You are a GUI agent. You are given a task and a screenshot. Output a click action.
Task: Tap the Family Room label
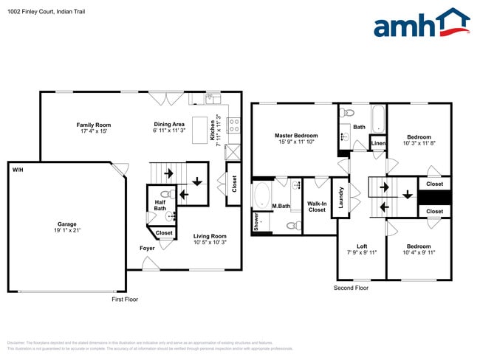(x=93, y=128)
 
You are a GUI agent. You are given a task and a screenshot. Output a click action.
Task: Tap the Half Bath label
(x=160, y=205)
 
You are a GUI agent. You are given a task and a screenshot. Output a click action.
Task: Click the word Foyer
(x=148, y=248)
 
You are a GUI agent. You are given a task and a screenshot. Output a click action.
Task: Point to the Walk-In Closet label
(x=317, y=207)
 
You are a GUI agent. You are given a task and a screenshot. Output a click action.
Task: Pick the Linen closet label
(x=378, y=143)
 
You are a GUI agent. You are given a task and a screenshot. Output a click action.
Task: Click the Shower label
(x=257, y=222)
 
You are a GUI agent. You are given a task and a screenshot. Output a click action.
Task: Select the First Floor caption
(x=125, y=300)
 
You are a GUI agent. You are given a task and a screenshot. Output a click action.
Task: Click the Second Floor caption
(x=351, y=288)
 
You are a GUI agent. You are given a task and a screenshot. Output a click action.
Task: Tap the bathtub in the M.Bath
(x=262, y=195)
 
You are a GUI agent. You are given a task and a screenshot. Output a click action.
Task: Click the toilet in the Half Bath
(x=167, y=195)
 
